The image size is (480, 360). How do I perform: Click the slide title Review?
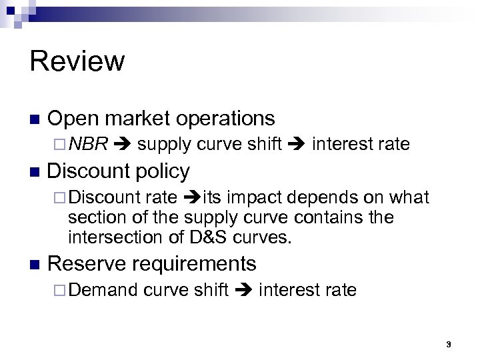(77, 61)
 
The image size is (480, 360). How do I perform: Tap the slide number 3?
(449, 343)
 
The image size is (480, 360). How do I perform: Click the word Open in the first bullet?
(72, 119)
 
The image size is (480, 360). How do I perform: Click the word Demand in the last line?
(103, 290)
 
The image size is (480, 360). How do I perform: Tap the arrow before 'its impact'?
(191, 198)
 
